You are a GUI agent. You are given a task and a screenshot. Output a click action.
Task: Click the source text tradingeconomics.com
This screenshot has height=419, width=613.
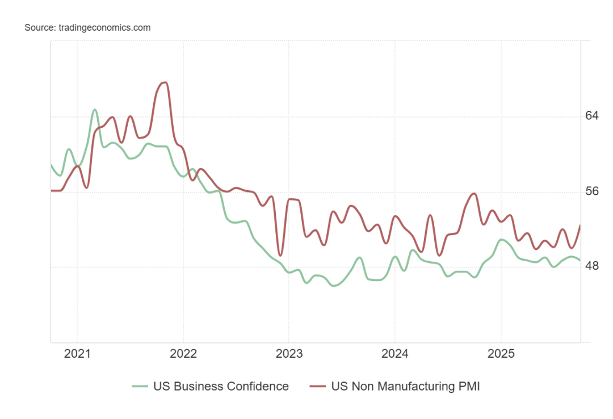click(87, 27)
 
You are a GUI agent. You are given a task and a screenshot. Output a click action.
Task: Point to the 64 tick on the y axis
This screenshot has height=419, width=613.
click(592, 116)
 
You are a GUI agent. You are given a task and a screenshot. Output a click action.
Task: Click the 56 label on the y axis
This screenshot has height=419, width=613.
click(592, 191)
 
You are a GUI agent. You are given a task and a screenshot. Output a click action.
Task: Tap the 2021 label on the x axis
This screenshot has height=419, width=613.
click(77, 354)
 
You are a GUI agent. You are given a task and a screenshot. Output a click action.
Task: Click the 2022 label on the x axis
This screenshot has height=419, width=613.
click(183, 354)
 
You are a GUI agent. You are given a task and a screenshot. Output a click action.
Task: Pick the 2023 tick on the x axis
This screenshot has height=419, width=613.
click(288, 354)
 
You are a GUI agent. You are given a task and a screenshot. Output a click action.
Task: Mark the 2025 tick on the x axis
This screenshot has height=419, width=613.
click(501, 354)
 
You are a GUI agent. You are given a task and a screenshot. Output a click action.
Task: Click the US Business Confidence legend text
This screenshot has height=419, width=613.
click(221, 387)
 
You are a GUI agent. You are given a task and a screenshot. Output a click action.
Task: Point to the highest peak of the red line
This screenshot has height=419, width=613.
click(165, 82)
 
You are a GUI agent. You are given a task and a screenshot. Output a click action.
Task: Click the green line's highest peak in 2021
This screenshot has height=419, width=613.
click(95, 110)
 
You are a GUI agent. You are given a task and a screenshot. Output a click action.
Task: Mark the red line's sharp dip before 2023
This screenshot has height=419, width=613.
click(280, 255)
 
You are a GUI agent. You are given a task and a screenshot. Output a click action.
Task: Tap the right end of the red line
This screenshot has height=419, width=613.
click(580, 225)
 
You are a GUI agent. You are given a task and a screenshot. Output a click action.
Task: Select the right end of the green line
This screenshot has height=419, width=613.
click(580, 260)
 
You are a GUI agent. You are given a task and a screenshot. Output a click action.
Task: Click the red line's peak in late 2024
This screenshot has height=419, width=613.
click(474, 194)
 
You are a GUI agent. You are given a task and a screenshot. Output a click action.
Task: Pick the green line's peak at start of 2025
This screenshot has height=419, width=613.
click(502, 240)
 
